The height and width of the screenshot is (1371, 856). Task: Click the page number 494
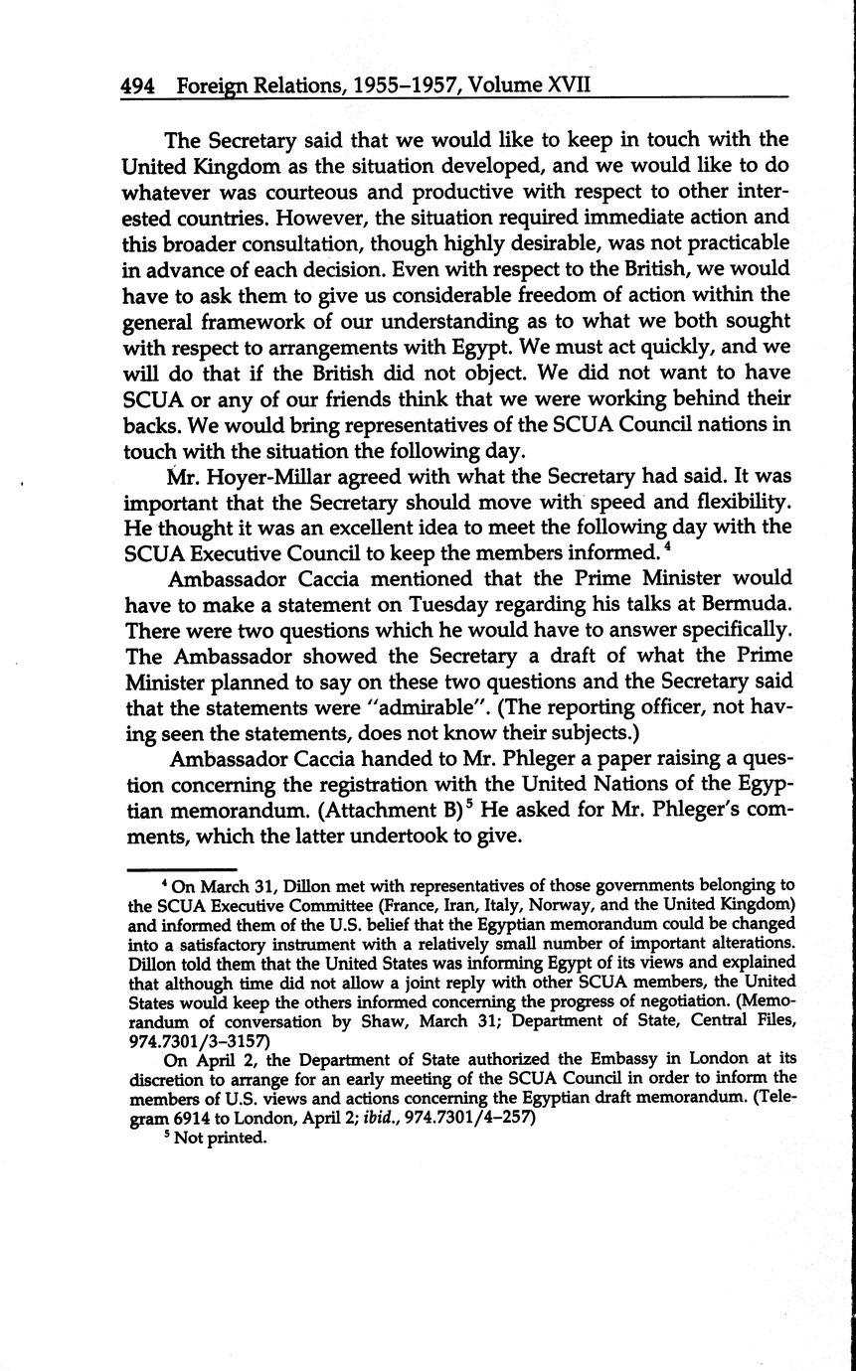pyautogui.click(x=137, y=85)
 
